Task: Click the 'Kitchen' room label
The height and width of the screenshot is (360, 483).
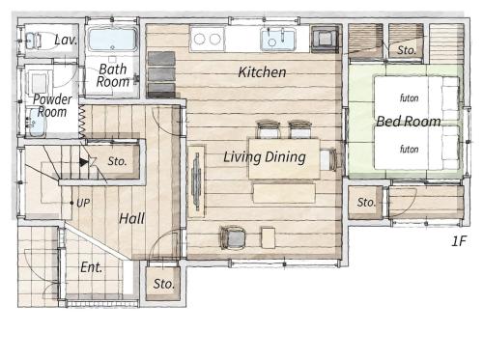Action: point(262,72)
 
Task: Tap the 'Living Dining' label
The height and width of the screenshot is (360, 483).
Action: point(265,157)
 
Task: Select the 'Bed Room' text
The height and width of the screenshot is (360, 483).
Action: point(409,122)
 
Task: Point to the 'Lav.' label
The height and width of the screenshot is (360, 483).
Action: point(66,40)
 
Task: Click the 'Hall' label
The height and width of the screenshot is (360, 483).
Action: point(131,219)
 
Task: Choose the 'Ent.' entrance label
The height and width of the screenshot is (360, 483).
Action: point(91,267)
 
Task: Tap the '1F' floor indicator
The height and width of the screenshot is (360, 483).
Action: point(459,241)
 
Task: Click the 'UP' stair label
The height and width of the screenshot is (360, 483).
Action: point(83,203)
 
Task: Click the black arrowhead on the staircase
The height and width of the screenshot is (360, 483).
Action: point(84,162)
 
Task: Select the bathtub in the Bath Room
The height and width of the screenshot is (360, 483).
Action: point(112,40)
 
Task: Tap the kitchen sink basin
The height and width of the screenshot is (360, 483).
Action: point(278,40)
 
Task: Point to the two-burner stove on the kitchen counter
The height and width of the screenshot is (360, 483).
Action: point(208,40)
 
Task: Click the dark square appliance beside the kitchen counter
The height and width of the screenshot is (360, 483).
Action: point(326,40)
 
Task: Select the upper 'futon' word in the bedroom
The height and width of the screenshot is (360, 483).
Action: point(409,97)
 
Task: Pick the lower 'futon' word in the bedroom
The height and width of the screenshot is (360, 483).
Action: point(409,149)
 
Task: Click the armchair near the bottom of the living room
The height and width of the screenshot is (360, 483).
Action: point(233,238)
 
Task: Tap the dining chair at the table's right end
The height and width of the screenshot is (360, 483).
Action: point(329,159)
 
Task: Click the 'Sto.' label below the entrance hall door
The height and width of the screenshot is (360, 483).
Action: point(164,284)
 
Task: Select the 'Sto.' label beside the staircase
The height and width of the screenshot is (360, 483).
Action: point(117,161)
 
